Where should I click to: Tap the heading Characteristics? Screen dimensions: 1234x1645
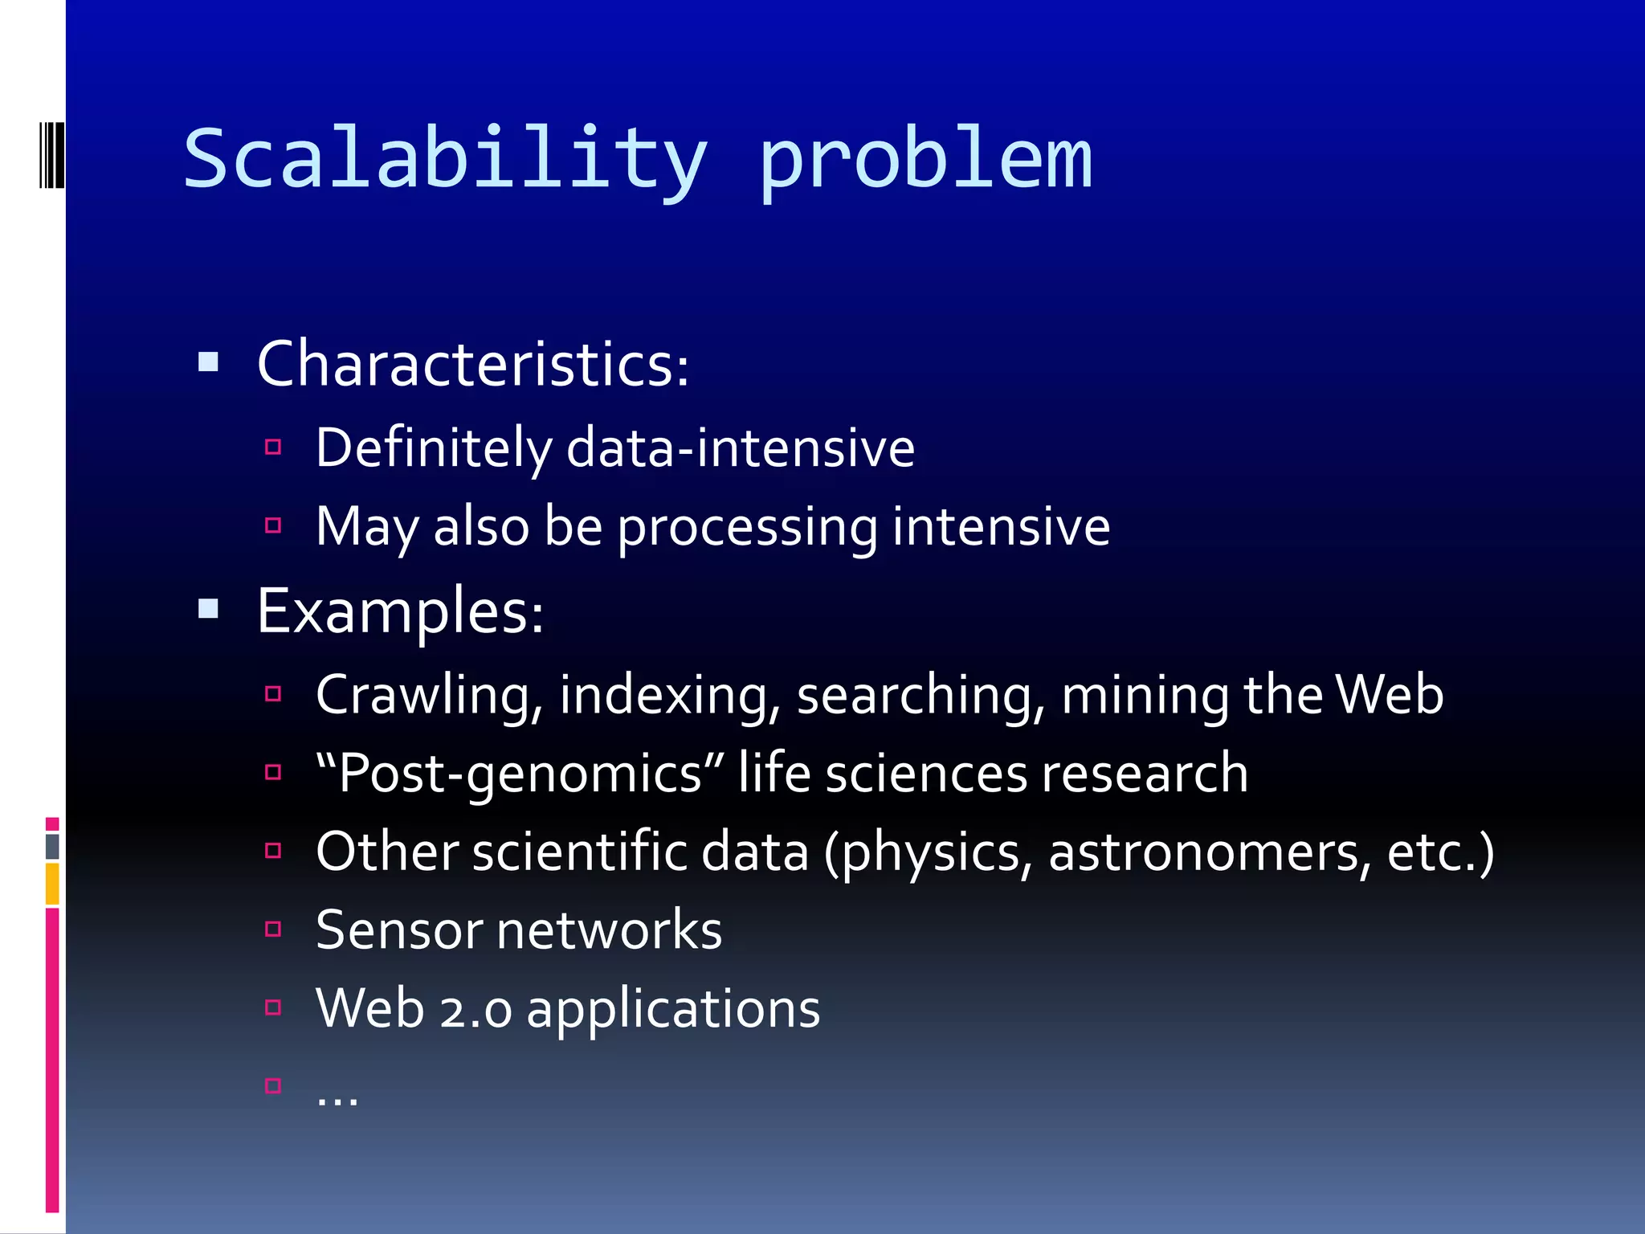472,365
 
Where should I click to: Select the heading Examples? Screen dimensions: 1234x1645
400,612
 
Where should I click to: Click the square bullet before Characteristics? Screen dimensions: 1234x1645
209,362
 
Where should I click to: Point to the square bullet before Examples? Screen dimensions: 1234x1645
209,609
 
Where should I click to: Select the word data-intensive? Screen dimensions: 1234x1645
740,448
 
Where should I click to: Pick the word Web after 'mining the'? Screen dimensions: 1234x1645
1390,694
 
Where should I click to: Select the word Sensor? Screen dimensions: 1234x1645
398,930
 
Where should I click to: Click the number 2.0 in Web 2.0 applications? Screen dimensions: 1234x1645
476,1010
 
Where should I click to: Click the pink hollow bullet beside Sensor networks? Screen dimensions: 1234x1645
273,930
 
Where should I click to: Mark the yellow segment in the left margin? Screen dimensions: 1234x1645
52,884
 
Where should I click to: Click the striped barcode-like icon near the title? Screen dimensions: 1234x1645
51,155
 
